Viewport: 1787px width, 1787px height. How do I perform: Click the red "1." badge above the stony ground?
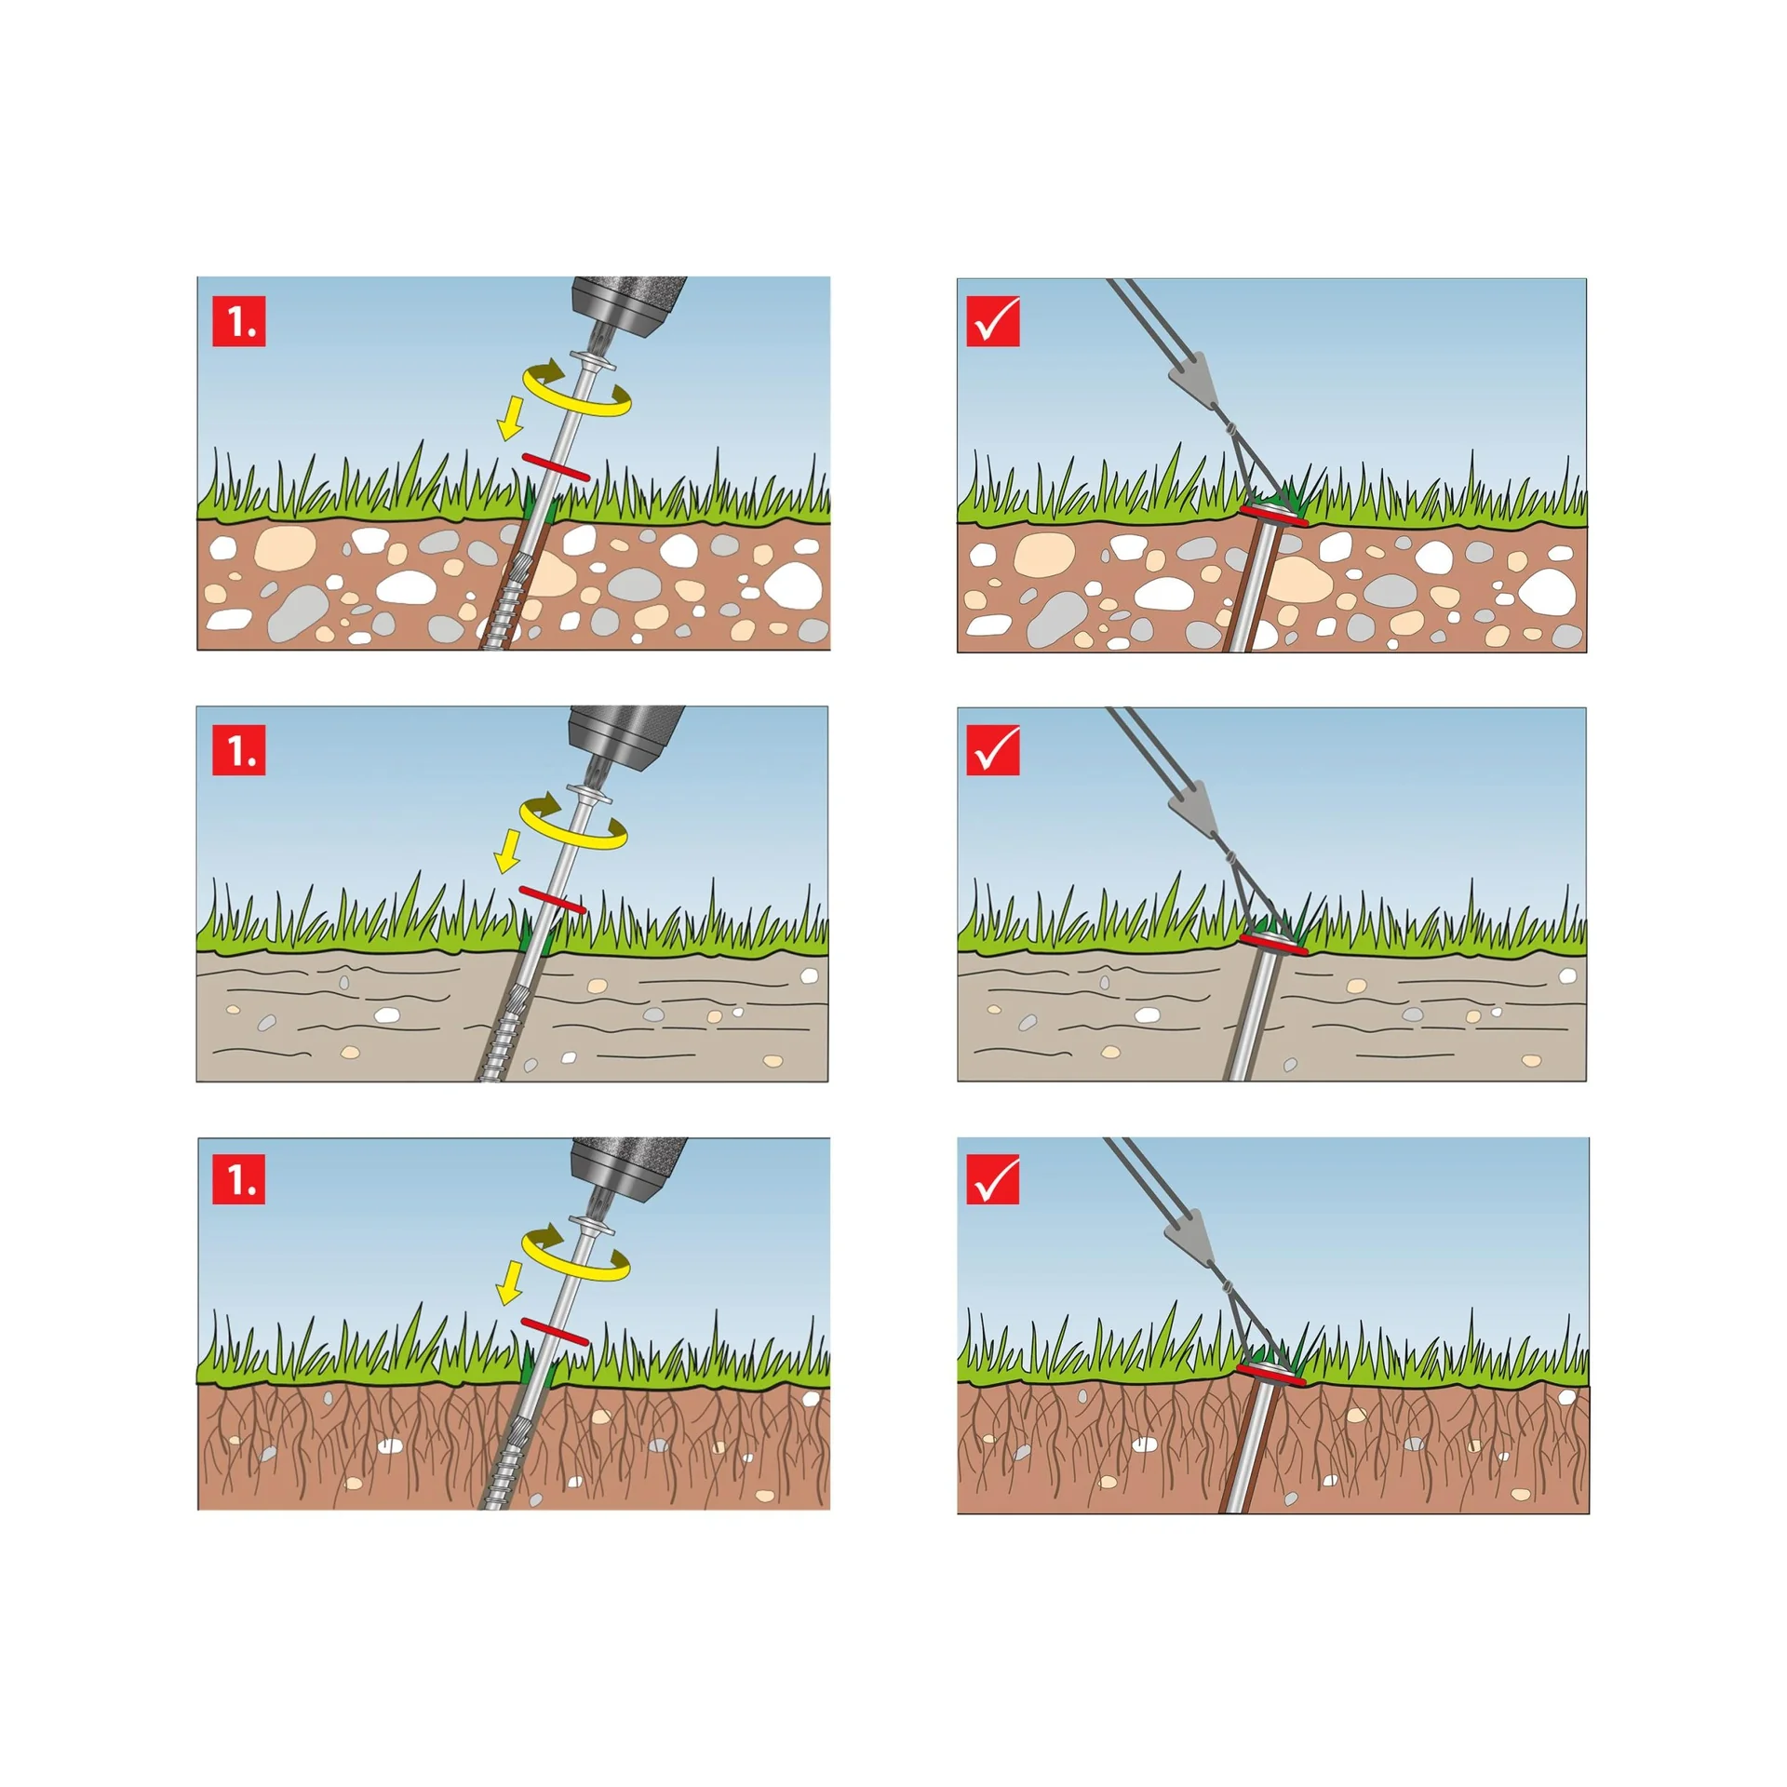[239, 321]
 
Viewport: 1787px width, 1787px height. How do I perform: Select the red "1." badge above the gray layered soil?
[239, 749]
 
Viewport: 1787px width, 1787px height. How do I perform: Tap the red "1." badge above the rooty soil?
[239, 1178]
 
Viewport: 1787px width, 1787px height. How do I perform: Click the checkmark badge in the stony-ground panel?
[993, 321]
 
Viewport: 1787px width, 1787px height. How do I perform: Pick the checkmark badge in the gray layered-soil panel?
[993, 749]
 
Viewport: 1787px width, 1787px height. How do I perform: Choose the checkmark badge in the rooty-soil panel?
[993, 1178]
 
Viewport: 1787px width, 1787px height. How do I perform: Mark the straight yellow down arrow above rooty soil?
[510, 1283]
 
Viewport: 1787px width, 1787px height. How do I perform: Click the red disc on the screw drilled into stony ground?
[556, 467]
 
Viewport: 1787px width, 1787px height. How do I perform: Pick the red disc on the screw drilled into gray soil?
[553, 900]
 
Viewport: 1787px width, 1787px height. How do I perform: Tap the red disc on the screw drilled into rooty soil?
[556, 1332]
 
